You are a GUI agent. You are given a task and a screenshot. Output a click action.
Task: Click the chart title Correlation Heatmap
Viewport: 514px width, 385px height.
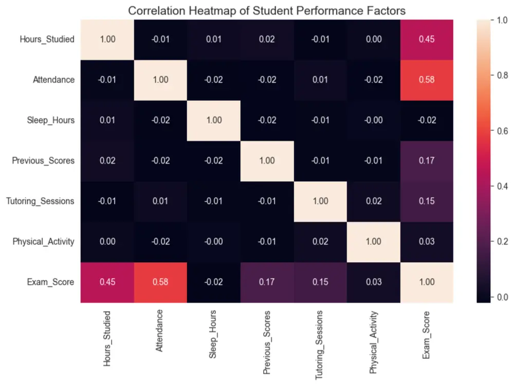click(x=267, y=10)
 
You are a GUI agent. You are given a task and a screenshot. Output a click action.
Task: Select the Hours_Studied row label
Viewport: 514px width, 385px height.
click(x=47, y=39)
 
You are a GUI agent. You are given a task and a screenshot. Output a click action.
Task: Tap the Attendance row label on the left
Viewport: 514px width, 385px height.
click(x=54, y=80)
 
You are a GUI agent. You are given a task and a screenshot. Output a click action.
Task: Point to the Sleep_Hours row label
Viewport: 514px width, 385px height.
click(x=50, y=120)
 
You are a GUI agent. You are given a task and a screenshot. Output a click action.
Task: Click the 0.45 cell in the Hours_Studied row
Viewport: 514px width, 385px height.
click(x=427, y=39)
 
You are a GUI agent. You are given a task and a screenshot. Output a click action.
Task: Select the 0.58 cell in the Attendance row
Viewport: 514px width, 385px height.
click(x=427, y=80)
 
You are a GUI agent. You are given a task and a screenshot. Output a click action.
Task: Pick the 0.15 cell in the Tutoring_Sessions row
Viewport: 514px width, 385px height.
click(x=427, y=201)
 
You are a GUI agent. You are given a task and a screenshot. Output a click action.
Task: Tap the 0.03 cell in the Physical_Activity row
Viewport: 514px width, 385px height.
click(x=427, y=241)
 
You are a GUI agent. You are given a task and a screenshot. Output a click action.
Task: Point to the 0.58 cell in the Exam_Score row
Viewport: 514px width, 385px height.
click(x=160, y=282)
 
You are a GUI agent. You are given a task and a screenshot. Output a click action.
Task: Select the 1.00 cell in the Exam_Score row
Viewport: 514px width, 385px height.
click(x=427, y=282)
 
